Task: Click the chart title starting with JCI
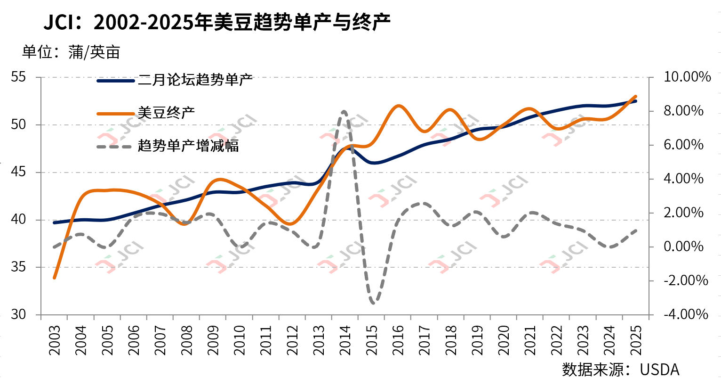point(217,22)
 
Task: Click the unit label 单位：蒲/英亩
point(71,52)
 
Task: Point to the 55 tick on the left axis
point(19,77)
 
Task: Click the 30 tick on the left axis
point(19,314)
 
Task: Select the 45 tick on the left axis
point(19,172)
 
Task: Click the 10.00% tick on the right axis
point(687,77)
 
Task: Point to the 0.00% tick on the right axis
point(683,247)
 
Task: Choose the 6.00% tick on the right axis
point(683,145)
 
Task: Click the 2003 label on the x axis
point(55,340)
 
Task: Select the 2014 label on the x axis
point(345,340)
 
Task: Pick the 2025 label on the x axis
point(636,340)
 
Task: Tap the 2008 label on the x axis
point(187,340)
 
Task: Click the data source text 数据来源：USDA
point(620,370)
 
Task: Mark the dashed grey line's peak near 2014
point(344,112)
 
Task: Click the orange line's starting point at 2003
point(55,278)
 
